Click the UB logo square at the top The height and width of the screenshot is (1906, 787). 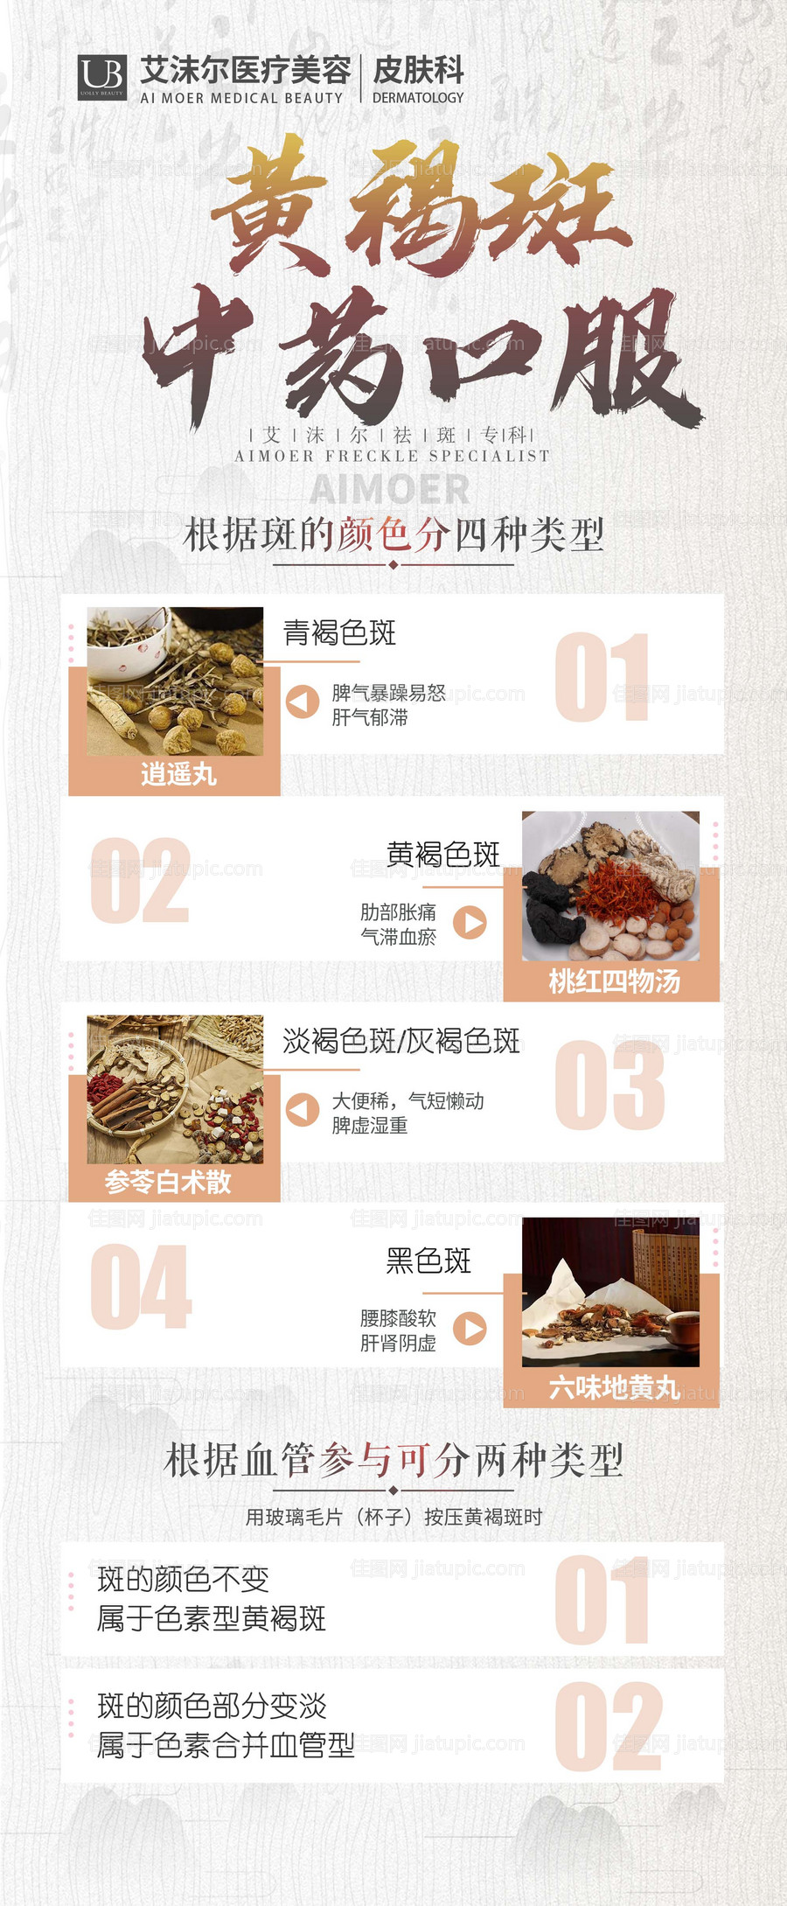point(102,78)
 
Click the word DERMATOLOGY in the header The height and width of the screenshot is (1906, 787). point(418,98)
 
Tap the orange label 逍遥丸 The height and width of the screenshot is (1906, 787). point(178,774)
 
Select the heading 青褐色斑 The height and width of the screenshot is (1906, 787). point(339,632)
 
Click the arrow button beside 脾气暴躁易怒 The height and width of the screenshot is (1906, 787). point(303,702)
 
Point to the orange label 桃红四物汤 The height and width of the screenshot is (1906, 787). point(614,981)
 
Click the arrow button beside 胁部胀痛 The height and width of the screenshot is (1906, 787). point(470,922)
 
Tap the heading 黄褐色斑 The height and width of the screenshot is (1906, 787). point(443,854)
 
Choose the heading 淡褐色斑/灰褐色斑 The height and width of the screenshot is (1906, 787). point(401,1041)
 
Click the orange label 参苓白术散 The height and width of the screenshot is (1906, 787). point(168,1182)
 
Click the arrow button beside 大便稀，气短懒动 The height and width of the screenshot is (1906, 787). point(303,1109)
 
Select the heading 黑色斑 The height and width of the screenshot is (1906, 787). point(428,1260)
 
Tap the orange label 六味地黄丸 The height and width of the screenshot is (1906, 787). point(614,1387)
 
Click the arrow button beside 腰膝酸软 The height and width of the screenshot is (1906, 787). point(470,1328)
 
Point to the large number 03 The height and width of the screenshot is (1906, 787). point(609,1085)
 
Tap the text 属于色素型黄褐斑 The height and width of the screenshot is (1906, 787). point(212,1618)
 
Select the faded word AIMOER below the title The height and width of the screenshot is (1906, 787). point(390,489)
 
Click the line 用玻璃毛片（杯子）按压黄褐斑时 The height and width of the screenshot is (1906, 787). point(393,1517)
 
